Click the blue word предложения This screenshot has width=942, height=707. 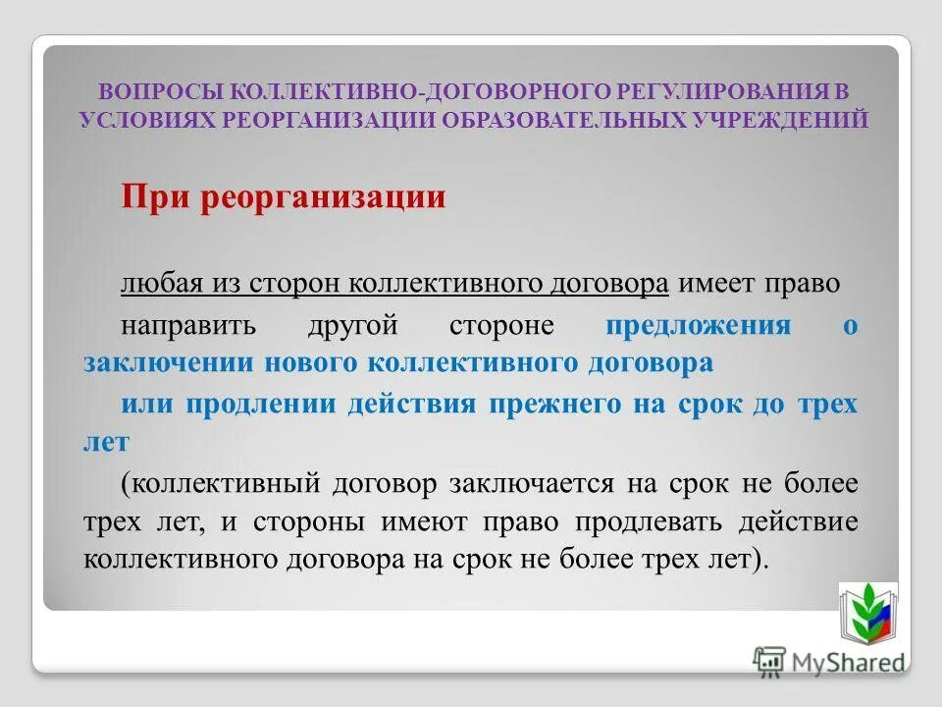[698, 325]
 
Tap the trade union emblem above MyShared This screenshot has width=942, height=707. [867, 612]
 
